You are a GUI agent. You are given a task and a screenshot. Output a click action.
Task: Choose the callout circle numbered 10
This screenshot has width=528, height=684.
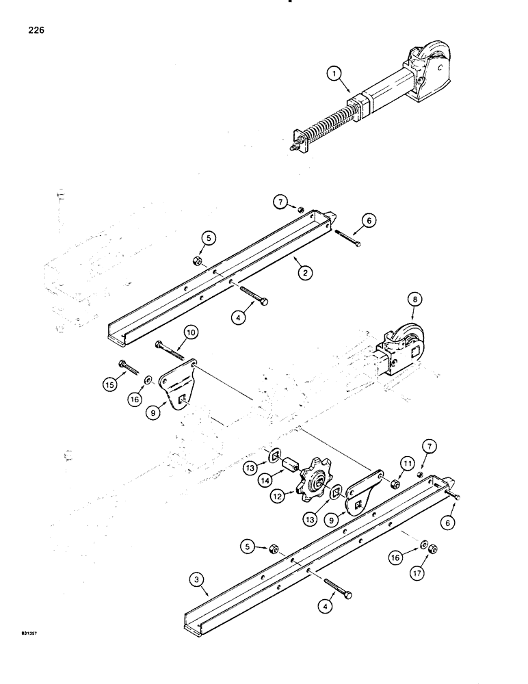190,333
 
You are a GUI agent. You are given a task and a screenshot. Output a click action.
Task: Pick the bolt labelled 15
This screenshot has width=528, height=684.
131,368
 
